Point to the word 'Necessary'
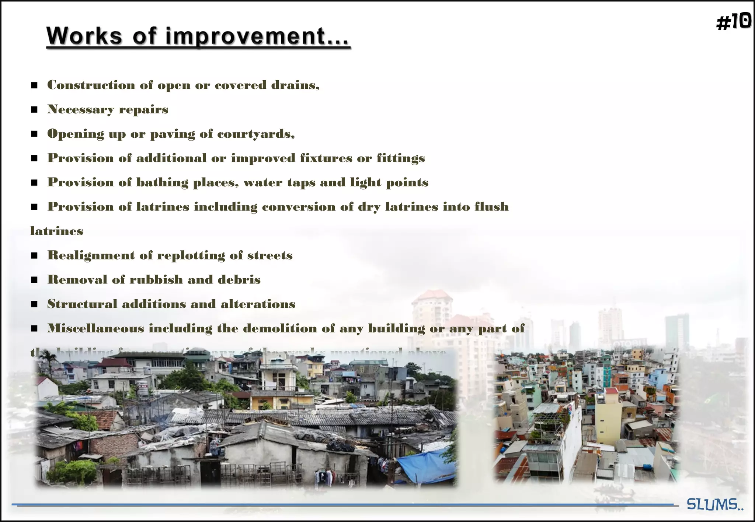point(81,109)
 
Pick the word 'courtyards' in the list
point(255,134)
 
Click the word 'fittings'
point(401,158)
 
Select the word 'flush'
point(491,207)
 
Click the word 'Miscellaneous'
point(95,328)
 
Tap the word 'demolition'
point(280,328)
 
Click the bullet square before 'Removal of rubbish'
point(34,280)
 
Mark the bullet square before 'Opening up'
point(34,134)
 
